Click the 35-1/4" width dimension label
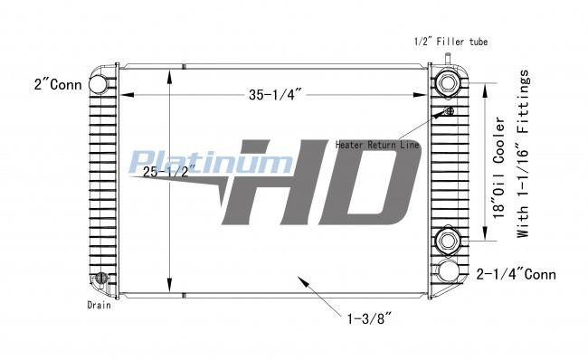[275, 94]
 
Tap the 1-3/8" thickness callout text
[369, 319]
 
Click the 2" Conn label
[58, 84]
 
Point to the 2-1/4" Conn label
[516, 274]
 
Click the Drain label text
[99, 305]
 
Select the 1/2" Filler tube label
[450, 42]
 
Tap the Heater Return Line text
[377, 145]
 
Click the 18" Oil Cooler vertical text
[499, 169]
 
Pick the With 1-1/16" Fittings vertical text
[522, 154]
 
